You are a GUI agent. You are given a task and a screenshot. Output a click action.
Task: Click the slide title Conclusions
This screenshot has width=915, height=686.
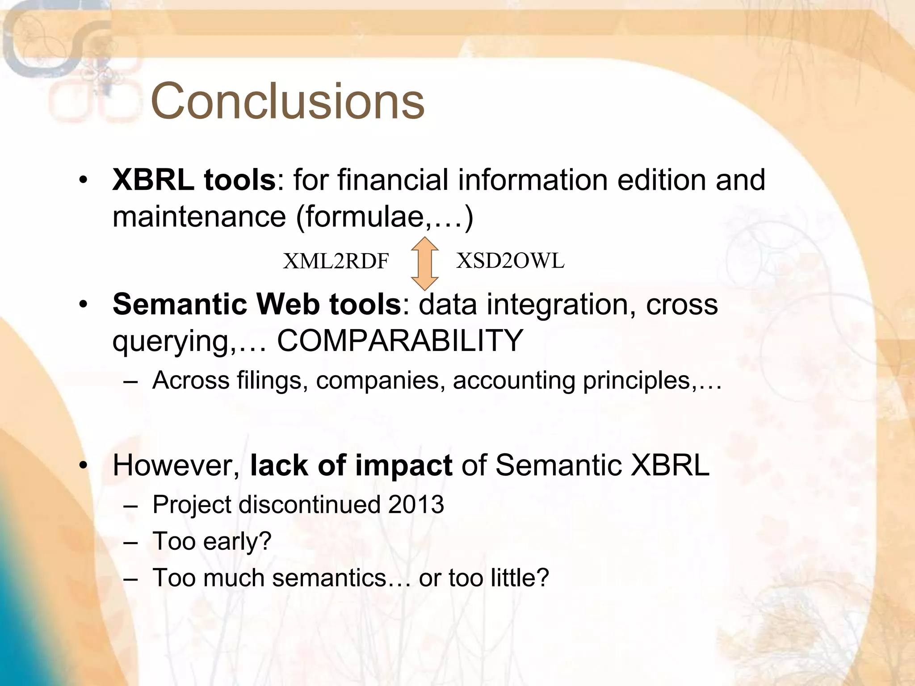coord(287,101)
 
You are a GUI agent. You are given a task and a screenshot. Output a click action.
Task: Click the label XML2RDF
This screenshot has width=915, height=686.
coord(336,261)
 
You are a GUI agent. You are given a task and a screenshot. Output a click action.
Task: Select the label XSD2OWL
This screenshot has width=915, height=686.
coord(510,260)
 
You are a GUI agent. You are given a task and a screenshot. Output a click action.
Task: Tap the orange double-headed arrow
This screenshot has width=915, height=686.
coord(424,264)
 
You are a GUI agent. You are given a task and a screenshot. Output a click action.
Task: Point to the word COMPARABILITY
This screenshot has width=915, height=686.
coord(400,340)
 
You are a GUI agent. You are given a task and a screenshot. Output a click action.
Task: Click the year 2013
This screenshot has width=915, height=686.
coord(416,505)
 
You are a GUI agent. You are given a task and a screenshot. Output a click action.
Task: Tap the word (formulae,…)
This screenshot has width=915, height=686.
coord(385,218)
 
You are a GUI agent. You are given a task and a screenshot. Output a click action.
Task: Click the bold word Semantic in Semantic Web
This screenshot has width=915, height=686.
coord(180,304)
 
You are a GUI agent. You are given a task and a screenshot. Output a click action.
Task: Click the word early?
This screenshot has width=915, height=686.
coord(237,542)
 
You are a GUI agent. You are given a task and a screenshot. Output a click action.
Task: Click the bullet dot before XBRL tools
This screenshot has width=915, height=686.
coord(82,180)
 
